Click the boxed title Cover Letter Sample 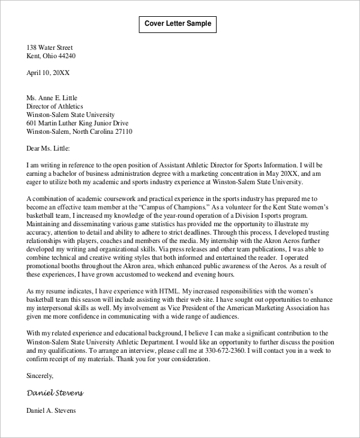point(178,24)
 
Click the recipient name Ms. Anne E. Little point(52,98)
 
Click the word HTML point(166,291)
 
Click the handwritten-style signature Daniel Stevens point(55,393)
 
